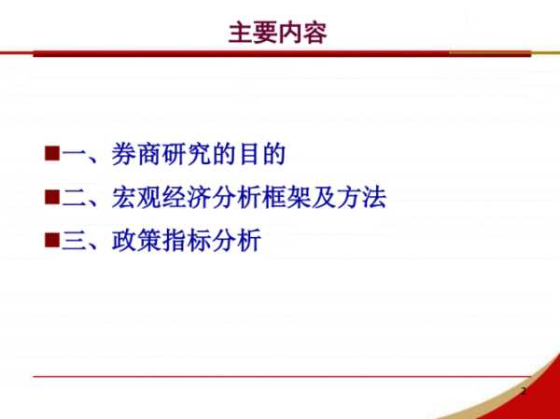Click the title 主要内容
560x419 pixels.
point(277,34)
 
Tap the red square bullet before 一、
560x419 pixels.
point(52,153)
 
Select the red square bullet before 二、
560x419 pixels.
point(52,197)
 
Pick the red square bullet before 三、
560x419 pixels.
point(52,240)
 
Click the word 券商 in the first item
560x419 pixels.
point(136,154)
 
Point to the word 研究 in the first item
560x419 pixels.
point(186,154)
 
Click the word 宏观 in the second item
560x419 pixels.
point(136,198)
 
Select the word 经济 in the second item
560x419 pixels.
point(186,198)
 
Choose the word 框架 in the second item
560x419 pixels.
point(287,198)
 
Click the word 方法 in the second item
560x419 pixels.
point(362,198)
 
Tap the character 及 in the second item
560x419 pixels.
point(324,198)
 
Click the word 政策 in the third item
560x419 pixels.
point(136,241)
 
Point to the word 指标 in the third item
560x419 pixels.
point(186,241)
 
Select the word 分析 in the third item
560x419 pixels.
point(236,241)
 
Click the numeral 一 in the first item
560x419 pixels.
point(74,155)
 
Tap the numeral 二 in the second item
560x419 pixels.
point(74,198)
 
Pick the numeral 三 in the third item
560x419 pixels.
point(74,241)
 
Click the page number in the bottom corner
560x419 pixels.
point(524,391)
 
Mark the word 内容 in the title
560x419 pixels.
point(302,34)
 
